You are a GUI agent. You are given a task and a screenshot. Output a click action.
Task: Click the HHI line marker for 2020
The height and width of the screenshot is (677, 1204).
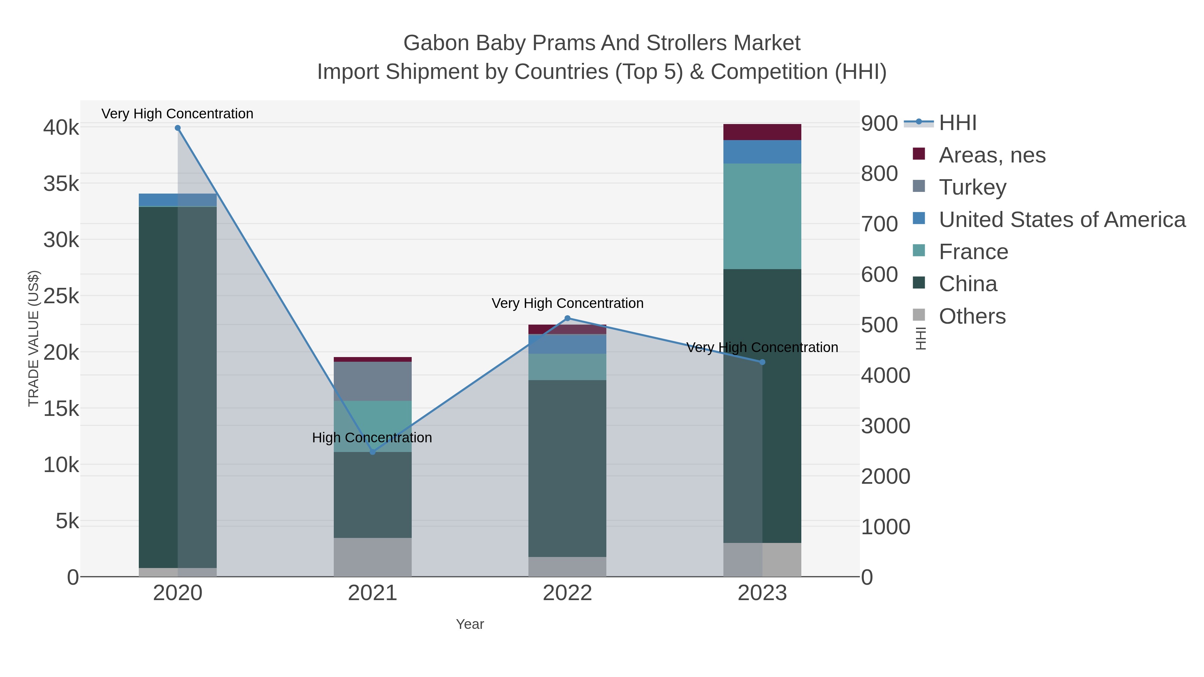coord(178,128)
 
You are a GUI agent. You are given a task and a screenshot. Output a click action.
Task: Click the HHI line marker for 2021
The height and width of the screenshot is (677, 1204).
coord(373,452)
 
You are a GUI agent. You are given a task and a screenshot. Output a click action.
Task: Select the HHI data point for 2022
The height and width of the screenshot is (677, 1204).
coord(568,318)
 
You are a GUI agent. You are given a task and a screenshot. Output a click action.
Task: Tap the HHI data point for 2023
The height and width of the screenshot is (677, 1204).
coord(762,362)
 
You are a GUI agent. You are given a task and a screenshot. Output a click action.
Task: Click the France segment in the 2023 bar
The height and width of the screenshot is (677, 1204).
coord(762,216)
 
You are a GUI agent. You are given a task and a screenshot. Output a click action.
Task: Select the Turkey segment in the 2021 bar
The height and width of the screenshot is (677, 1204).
coord(373,381)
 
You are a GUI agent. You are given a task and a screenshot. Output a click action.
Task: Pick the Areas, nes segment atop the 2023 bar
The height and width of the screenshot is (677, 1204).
coord(762,132)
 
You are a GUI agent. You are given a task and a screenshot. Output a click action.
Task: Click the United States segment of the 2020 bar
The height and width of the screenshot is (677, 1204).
coord(178,200)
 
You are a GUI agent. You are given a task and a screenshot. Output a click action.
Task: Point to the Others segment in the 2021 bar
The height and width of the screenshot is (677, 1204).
coord(373,557)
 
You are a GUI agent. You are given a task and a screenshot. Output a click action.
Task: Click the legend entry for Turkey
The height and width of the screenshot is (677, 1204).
coord(972,187)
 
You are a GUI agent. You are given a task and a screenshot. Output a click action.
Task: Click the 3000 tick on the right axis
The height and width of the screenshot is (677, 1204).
coord(885,426)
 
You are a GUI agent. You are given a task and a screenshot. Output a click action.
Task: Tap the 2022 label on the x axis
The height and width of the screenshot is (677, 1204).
coord(568,593)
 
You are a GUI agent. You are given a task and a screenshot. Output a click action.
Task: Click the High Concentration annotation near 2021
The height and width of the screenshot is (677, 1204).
coord(372,437)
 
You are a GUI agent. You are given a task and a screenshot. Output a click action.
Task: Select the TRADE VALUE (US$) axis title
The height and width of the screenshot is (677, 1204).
coord(34,338)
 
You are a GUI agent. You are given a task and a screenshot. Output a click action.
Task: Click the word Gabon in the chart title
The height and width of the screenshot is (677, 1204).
coord(436,43)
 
